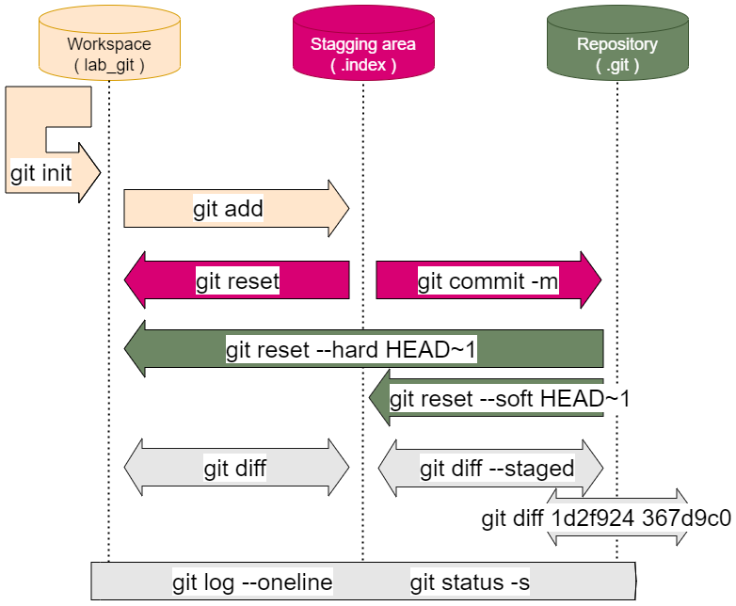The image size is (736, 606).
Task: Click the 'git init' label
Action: [41, 174]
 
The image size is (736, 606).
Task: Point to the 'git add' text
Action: [228, 209]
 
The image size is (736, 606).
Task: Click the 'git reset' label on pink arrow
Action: [237, 280]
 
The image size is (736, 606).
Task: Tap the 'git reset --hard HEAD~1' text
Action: [351, 351]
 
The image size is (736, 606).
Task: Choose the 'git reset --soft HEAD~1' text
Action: [509, 398]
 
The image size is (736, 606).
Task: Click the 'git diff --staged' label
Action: [497, 469]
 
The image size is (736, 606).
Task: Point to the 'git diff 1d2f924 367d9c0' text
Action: [606, 518]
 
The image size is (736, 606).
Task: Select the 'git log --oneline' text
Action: [252, 582]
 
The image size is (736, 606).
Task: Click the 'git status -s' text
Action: [470, 582]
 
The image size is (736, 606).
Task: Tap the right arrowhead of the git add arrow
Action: [339, 208]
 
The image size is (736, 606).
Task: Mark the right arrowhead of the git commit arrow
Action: [591, 279]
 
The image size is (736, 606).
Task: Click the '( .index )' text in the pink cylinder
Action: [363, 66]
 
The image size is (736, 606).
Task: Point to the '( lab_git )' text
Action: [109, 66]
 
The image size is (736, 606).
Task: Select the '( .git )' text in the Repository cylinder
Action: [617, 66]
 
